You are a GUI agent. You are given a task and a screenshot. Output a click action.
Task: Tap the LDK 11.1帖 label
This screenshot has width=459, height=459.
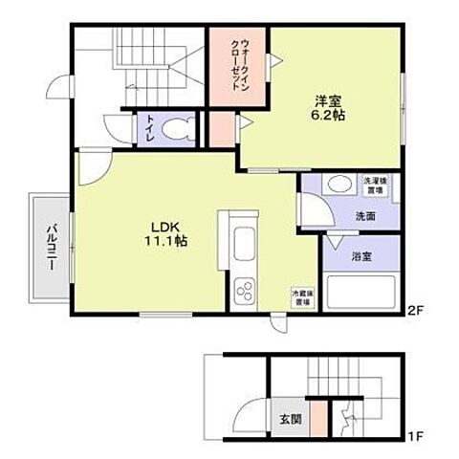point(165,233)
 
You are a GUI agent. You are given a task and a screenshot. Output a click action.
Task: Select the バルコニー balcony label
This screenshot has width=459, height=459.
point(49,244)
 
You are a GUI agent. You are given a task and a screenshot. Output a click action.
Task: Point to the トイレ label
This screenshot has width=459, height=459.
point(150,129)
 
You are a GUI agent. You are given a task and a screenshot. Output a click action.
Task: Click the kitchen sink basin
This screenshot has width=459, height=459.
point(241,240)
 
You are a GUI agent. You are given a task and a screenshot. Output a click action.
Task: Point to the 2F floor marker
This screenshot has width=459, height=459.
point(415,311)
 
